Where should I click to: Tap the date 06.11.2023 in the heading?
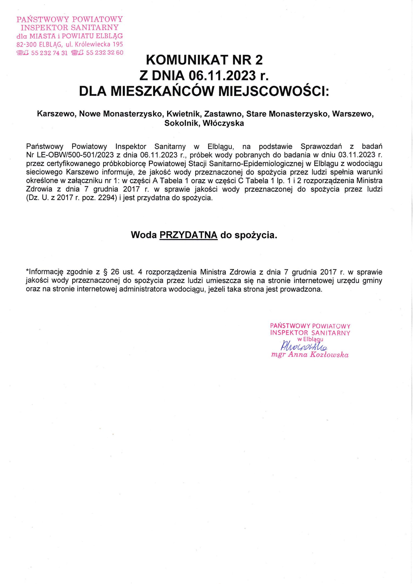[222, 76]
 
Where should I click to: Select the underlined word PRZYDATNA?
[188, 235]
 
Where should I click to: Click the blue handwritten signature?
[304, 346]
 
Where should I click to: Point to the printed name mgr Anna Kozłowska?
[310, 355]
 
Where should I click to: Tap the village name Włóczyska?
[223, 123]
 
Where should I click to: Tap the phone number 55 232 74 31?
[49, 53]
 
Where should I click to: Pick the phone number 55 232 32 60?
[104, 53]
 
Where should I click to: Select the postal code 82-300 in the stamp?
[26, 44]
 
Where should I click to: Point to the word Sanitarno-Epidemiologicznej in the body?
[256, 164]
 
